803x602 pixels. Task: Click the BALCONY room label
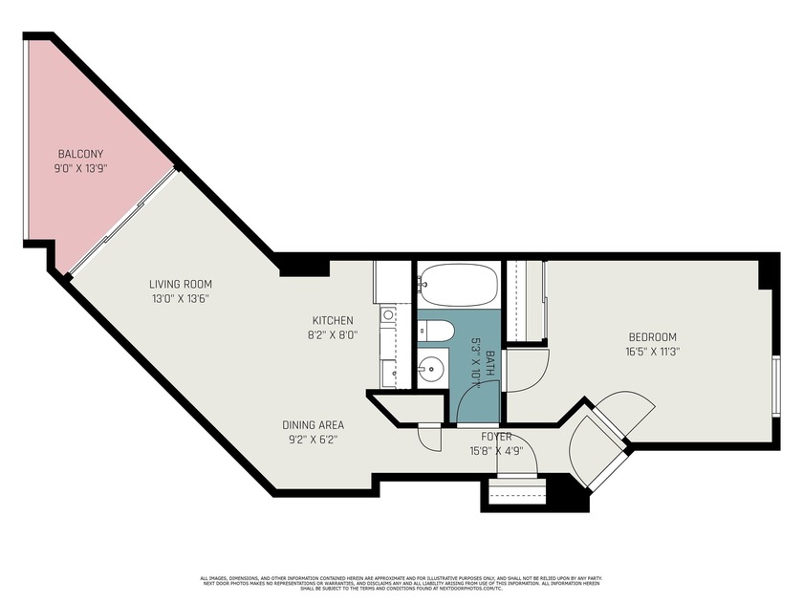[80, 154]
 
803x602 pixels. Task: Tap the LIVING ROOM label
[180, 284]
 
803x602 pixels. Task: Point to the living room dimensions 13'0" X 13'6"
[180, 298]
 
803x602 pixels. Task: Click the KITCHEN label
[333, 320]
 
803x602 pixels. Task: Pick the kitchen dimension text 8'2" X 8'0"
[333, 334]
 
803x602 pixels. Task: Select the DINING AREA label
[313, 425]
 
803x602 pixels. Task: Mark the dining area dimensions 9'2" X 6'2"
[313, 440]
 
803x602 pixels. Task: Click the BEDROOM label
[652, 336]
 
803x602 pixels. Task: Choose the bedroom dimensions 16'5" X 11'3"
[652, 351]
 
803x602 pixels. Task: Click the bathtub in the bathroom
[458, 285]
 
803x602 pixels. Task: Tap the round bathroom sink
[432, 366]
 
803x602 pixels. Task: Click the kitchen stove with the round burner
[388, 314]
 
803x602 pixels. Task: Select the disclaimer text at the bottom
[401, 582]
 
